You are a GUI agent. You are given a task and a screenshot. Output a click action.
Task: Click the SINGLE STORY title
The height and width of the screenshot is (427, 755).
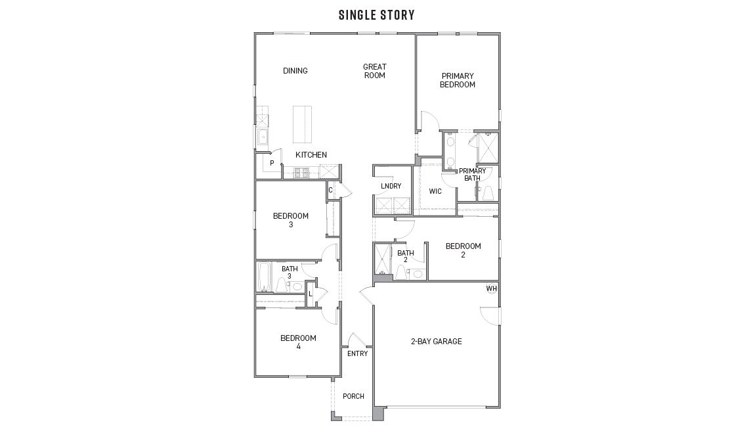point(376,14)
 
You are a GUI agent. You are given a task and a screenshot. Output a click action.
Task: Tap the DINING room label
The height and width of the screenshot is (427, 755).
point(295,71)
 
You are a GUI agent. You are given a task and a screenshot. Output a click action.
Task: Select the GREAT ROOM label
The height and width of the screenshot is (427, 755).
point(375,71)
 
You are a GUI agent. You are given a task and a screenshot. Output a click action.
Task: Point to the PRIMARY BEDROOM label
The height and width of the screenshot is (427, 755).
point(458,80)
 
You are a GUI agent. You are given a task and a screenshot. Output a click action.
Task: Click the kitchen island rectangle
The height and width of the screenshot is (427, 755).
point(302,124)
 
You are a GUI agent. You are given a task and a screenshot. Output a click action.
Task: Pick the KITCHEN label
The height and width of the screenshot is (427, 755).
point(311,155)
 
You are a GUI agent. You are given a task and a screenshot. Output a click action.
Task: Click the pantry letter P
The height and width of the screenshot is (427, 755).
point(271,163)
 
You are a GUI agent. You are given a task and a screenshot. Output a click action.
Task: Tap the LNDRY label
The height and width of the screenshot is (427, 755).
point(391,186)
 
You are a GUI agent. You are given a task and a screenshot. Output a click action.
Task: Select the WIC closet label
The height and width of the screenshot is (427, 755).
point(435,192)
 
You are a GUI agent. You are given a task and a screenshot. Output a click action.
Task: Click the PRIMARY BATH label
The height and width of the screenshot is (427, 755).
point(473,174)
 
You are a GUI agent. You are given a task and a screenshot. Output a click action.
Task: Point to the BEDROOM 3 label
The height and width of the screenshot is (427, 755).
point(290,220)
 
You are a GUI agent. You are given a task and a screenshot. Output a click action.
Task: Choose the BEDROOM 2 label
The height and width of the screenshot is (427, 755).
point(463,250)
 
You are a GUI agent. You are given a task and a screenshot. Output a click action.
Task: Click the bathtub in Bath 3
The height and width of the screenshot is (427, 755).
point(264,277)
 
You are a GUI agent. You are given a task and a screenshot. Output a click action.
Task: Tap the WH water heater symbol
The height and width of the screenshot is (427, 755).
point(492,289)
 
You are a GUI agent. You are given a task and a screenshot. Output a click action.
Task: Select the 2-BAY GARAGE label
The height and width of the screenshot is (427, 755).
point(436,341)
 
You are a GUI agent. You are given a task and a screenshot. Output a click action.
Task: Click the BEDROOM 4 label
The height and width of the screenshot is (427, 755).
point(298,342)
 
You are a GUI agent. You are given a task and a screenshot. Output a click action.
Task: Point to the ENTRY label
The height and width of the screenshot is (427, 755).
point(357,354)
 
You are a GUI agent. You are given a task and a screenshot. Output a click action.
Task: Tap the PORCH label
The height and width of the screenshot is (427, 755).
point(353,396)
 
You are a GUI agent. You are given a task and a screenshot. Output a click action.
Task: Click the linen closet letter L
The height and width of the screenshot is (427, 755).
point(311,294)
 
